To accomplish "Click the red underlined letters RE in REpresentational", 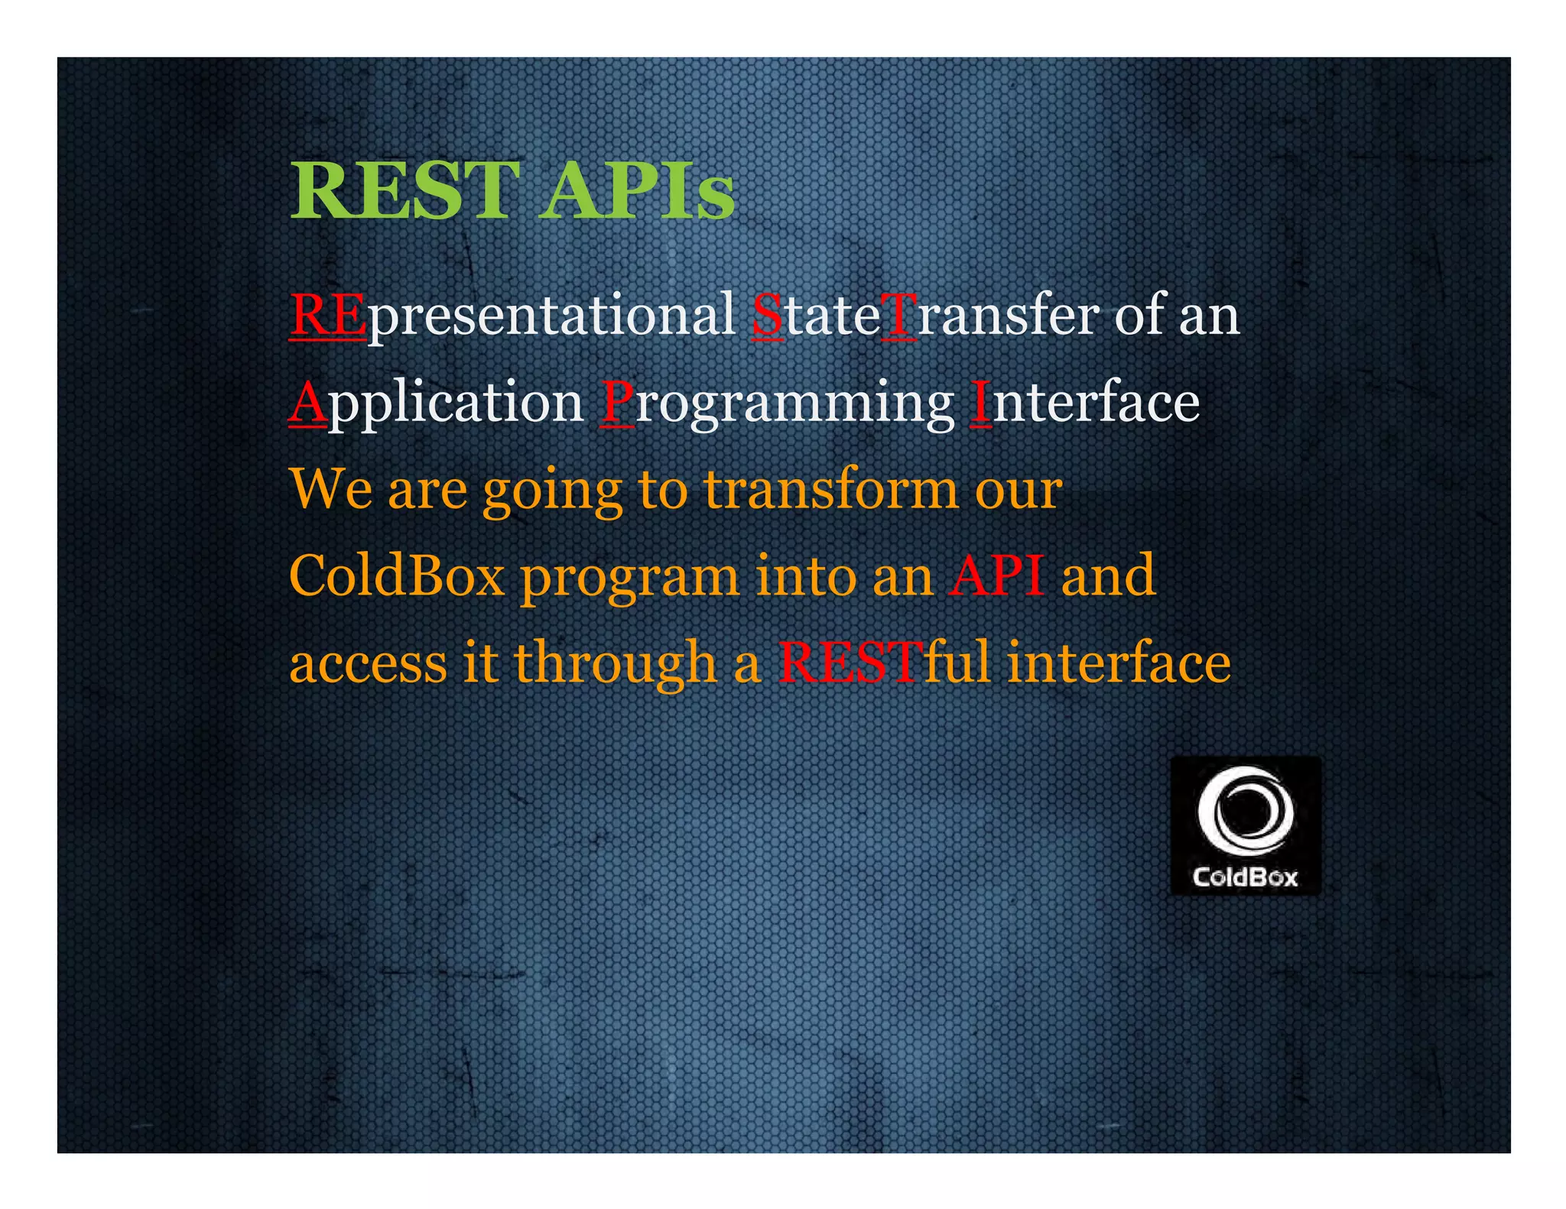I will (x=327, y=315).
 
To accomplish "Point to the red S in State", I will (x=768, y=315).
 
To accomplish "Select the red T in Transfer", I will (x=898, y=315).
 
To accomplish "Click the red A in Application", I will (x=308, y=402).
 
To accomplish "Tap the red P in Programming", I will (x=617, y=402).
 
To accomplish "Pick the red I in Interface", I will (x=980, y=402).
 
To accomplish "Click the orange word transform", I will (x=830, y=489).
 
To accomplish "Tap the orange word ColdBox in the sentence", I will (x=397, y=575).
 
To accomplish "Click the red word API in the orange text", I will (x=997, y=575).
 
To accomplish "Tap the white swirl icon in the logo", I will (x=1245, y=810).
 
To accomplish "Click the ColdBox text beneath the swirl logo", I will (x=1245, y=877).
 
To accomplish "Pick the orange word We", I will (x=331, y=489).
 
